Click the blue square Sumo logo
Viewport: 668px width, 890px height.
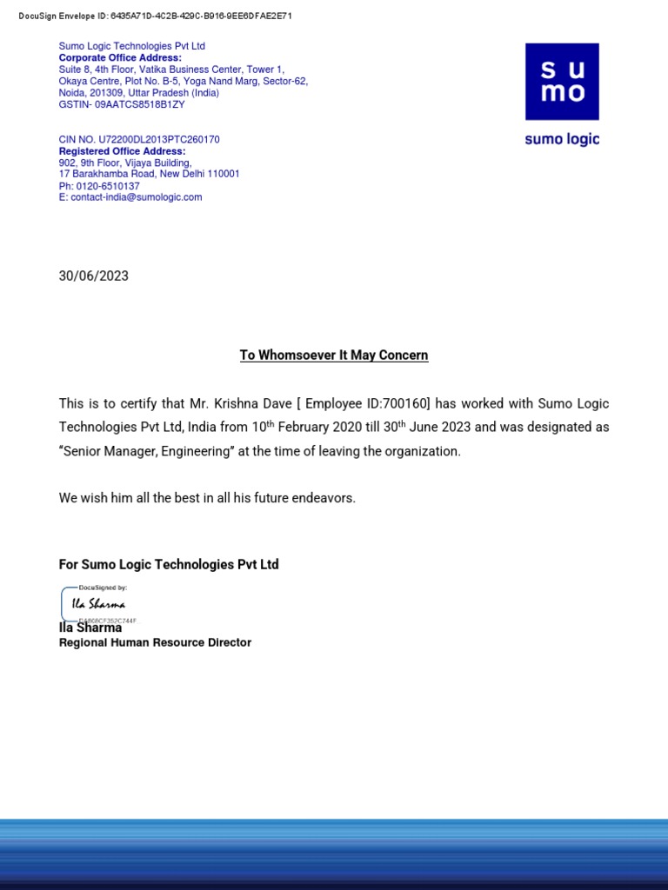pyautogui.click(x=562, y=82)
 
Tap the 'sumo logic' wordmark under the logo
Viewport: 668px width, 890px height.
pyautogui.click(x=562, y=139)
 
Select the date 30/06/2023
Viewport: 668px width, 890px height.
pyautogui.click(x=93, y=276)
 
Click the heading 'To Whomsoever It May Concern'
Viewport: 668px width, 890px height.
pyautogui.click(x=334, y=355)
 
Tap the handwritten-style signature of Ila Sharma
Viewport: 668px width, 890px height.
pyautogui.click(x=98, y=604)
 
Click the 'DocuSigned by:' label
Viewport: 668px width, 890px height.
pyautogui.click(x=102, y=588)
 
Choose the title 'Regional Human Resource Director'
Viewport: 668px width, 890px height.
pyautogui.click(x=155, y=643)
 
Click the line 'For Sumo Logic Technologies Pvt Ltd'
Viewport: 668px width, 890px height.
pyautogui.click(x=169, y=565)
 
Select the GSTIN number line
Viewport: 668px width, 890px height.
pyautogui.click(x=122, y=104)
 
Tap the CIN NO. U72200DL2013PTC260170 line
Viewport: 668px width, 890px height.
pyautogui.click(x=139, y=139)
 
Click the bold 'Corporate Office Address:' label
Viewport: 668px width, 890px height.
pyautogui.click(x=120, y=58)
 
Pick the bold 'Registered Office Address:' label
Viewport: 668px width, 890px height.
pyautogui.click(x=122, y=151)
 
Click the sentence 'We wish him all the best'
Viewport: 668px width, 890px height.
pyautogui.click(x=207, y=498)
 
